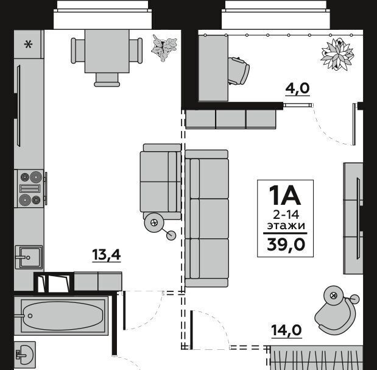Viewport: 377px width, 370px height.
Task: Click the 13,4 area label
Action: (x=107, y=255)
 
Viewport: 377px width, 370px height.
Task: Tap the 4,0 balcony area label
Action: (x=297, y=88)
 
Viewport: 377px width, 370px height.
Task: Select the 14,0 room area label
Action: (x=286, y=330)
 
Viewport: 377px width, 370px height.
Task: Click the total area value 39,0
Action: (x=286, y=244)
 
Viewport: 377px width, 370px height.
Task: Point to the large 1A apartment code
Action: (x=285, y=195)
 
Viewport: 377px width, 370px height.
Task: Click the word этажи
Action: (x=286, y=226)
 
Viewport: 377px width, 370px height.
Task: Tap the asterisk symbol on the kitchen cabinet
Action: (x=28, y=44)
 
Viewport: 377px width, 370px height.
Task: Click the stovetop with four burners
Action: (x=30, y=188)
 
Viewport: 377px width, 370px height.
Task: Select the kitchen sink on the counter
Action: (x=29, y=257)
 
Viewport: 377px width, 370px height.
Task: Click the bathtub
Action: (x=62, y=316)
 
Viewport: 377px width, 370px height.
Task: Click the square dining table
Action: (x=107, y=51)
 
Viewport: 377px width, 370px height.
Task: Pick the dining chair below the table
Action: (x=107, y=80)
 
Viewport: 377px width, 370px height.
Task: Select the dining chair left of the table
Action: (x=78, y=51)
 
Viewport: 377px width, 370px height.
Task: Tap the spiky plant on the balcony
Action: (x=337, y=54)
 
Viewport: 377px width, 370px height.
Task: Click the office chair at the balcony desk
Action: (x=238, y=71)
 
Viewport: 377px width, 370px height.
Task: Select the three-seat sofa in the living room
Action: (x=207, y=218)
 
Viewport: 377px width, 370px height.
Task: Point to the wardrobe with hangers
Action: (x=317, y=358)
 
